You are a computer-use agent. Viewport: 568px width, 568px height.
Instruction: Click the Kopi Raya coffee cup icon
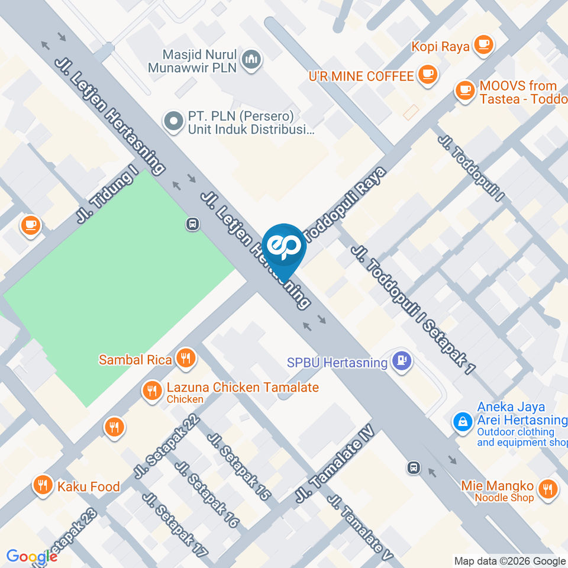(x=483, y=44)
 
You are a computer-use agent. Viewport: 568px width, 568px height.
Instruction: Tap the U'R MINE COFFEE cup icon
(x=427, y=75)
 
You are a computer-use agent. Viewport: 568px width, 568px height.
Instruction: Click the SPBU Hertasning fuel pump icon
(x=401, y=361)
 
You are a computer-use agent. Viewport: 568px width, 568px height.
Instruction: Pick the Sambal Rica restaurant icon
(x=186, y=358)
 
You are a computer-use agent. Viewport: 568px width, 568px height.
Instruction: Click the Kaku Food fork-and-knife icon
(x=42, y=486)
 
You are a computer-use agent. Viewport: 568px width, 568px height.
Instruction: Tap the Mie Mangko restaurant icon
(x=548, y=489)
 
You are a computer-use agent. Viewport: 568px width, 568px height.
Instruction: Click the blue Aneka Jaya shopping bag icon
(x=461, y=422)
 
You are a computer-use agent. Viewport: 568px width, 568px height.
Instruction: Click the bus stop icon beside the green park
(x=192, y=224)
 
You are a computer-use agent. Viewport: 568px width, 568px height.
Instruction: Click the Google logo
(x=32, y=557)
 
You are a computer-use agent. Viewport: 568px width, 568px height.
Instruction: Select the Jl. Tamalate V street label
(x=362, y=527)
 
